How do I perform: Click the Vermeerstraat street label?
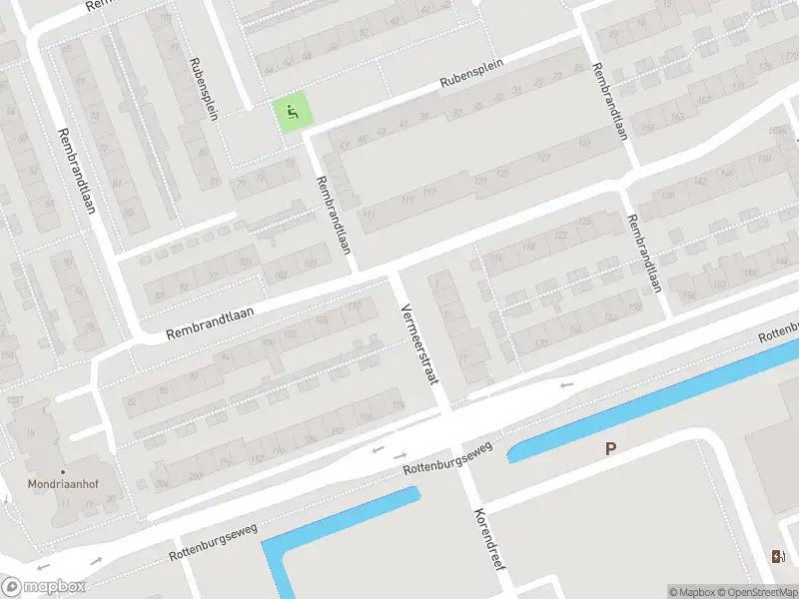click(420, 338)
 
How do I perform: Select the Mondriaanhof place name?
click(63, 485)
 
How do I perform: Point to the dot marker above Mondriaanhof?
click(63, 471)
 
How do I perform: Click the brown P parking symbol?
click(609, 449)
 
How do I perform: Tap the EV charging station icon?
click(778, 556)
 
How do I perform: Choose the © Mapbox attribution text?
click(692, 592)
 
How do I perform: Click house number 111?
click(369, 214)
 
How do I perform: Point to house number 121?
click(479, 181)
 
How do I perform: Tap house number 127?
click(544, 158)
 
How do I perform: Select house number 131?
click(583, 144)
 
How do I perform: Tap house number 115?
click(406, 200)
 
